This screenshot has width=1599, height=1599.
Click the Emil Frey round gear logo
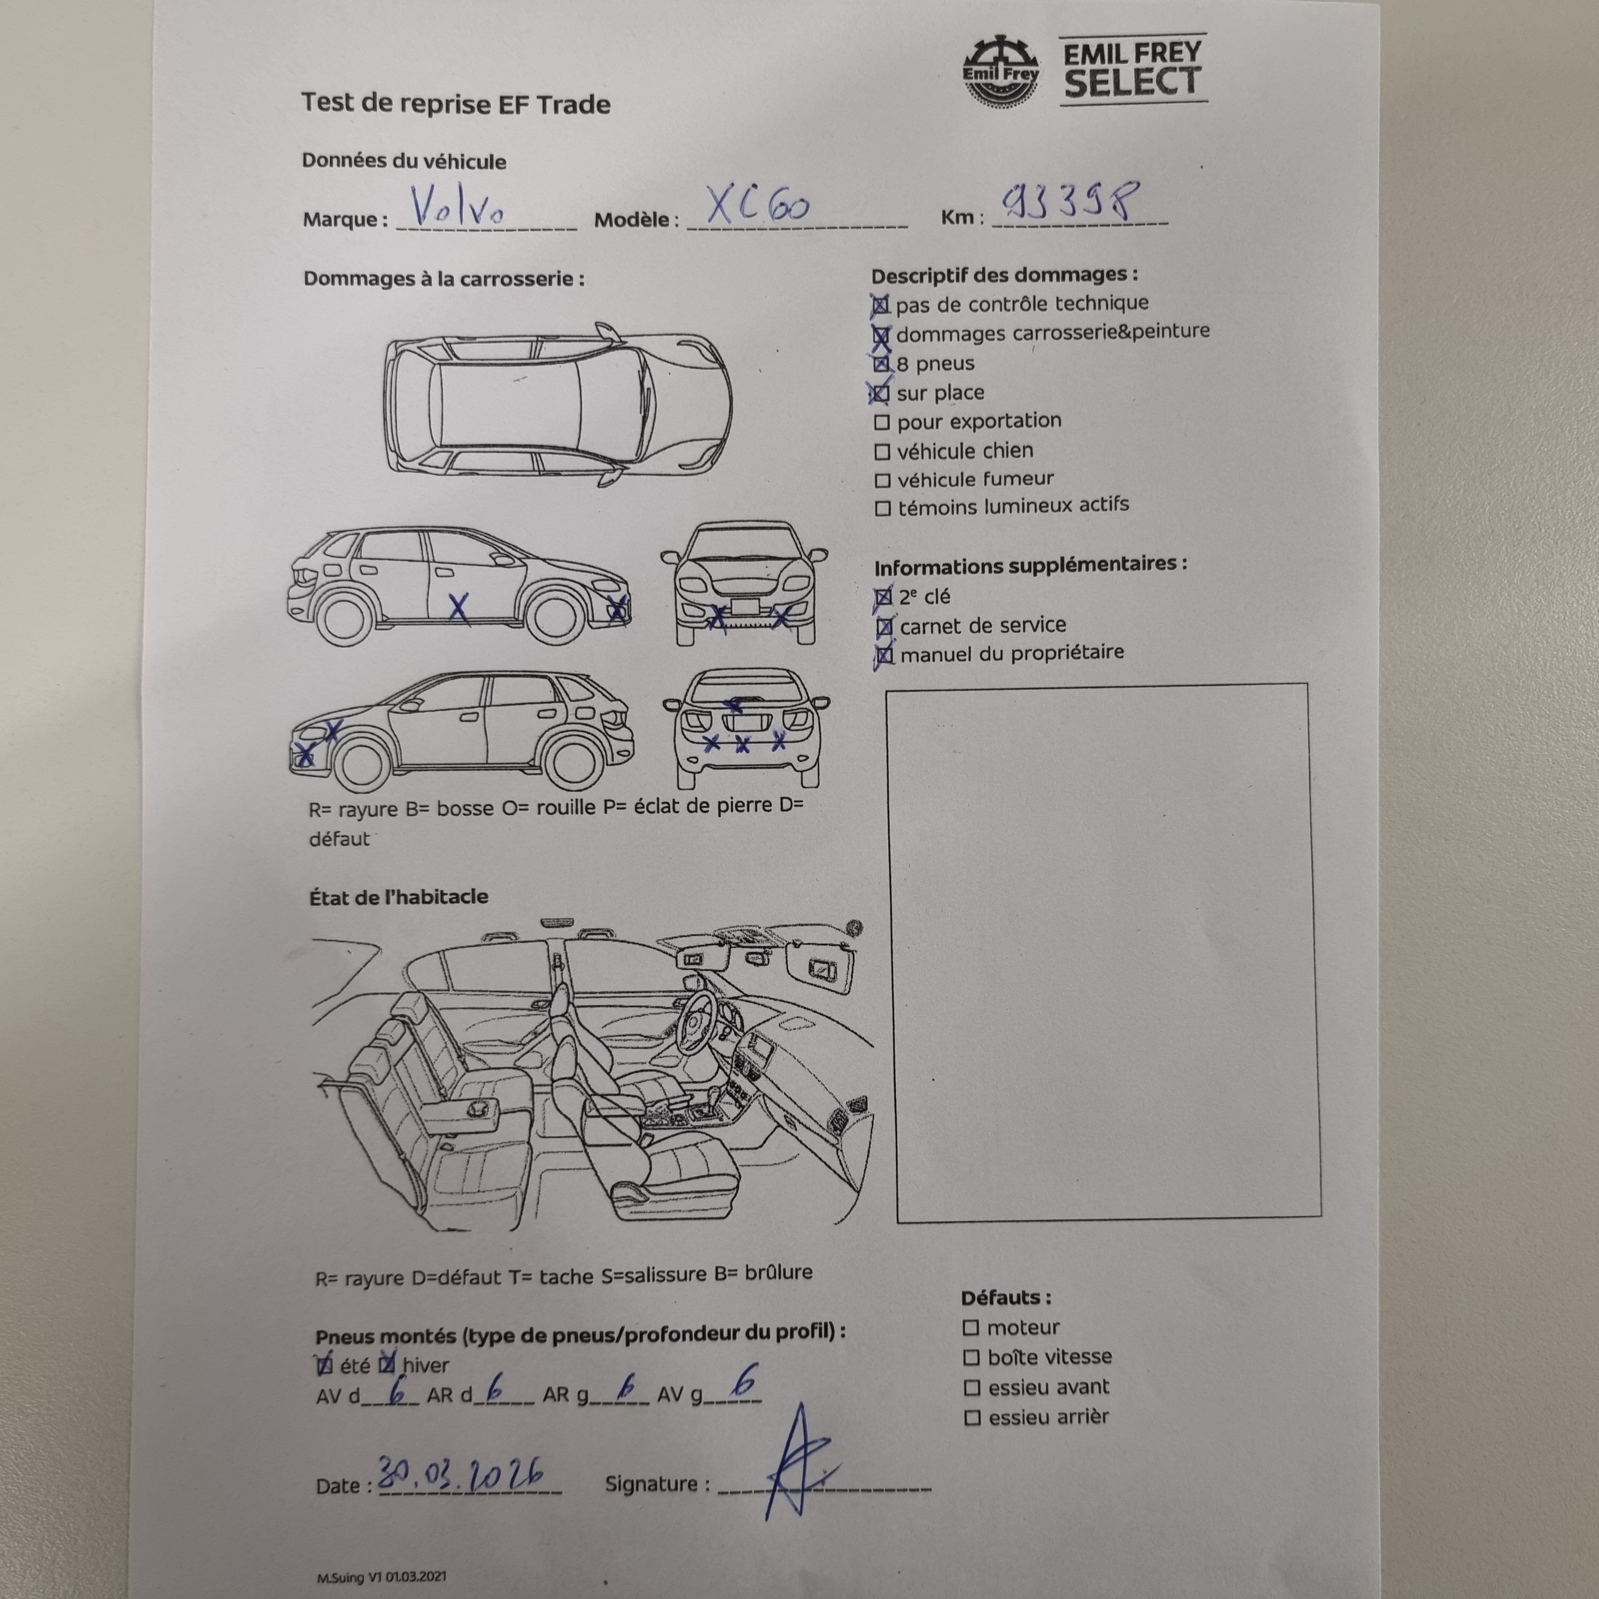coord(1000,71)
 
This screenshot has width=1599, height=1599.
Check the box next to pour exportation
coord(882,423)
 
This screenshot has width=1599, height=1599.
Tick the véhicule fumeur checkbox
coord(883,481)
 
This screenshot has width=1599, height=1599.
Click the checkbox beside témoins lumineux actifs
coord(883,508)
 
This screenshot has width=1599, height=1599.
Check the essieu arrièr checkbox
coord(973,1418)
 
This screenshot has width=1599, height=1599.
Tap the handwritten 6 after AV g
coord(746,1381)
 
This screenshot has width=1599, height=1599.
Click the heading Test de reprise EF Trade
coord(456,104)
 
